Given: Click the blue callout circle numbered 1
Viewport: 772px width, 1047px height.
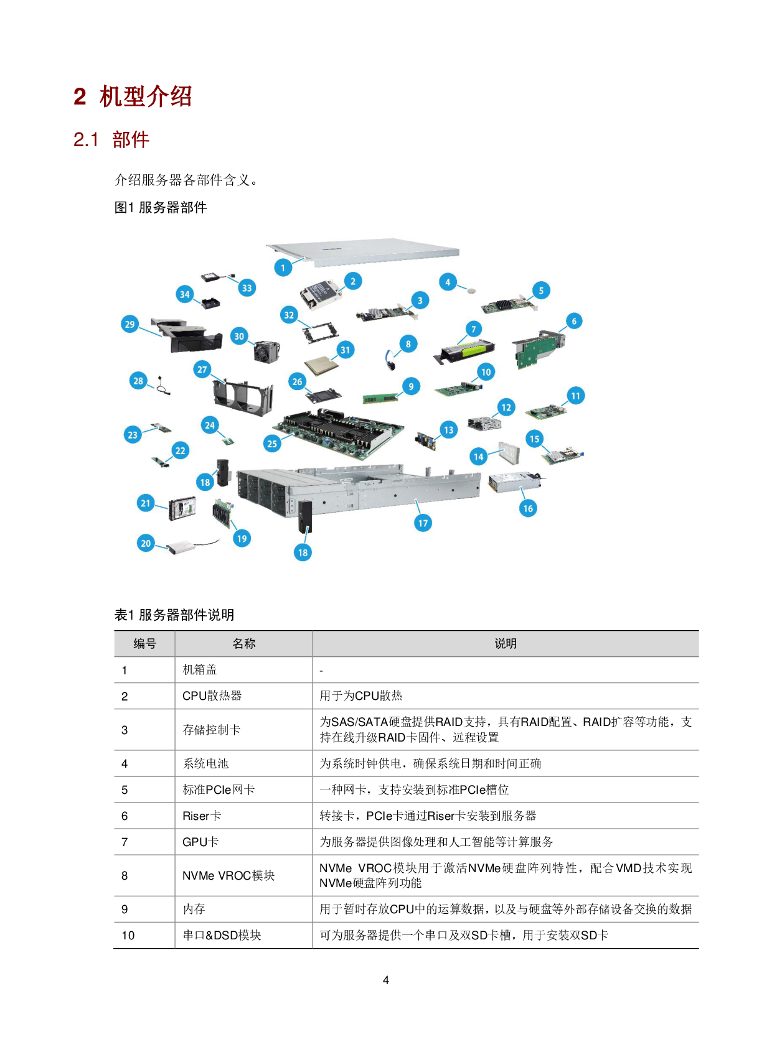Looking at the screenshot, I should coord(283,268).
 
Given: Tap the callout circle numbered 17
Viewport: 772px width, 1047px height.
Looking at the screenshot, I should coord(423,523).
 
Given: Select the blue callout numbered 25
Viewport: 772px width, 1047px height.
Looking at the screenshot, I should coord(272,444).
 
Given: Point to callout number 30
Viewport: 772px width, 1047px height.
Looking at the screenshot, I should coord(239,337).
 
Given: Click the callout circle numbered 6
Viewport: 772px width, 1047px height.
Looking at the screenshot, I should coord(574,321).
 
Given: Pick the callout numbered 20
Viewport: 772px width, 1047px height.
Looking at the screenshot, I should coord(146,543).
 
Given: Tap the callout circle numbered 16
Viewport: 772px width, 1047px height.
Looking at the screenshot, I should coord(528,508).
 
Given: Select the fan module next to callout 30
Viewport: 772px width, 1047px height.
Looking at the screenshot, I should coord(266,351).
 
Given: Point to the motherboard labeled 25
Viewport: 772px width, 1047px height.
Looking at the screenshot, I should coord(339,430).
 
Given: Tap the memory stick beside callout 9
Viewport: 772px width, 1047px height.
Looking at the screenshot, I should coord(380,398).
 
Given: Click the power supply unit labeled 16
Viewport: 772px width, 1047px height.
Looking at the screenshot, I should coord(514,482).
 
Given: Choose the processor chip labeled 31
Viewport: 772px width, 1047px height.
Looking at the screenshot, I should coord(321,365).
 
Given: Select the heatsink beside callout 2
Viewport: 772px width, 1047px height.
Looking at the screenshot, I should coord(321,292).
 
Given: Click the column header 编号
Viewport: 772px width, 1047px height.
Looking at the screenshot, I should coord(144,644).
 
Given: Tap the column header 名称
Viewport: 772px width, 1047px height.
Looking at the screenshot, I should coord(243,644).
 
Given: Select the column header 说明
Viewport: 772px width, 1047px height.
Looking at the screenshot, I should coord(506,644).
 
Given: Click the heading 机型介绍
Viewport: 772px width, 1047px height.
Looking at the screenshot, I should coord(146,96).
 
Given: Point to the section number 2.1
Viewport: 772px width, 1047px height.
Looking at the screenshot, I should coord(86,139).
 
